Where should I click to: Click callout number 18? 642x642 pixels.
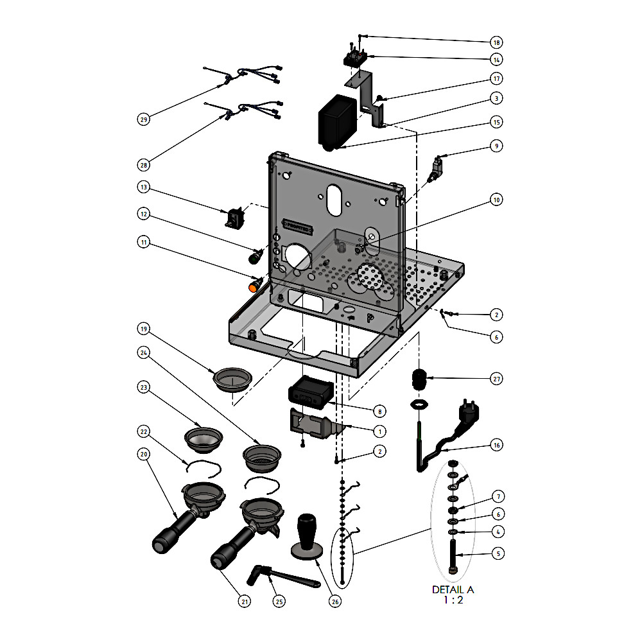pyautogui.click(x=496, y=42)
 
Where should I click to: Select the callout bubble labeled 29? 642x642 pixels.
pyautogui.click(x=144, y=119)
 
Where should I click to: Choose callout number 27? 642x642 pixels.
pyautogui.click(x=496, y=379)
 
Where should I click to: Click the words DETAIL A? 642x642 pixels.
pyautogui.click(x=453, y=589)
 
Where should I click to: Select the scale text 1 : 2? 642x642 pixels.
pyautogui.click(x=453, y=600)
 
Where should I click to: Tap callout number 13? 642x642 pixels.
pyautogui.click(x=144, y=187)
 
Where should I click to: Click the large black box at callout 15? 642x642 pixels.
pyautogui.click(x=336, y=122)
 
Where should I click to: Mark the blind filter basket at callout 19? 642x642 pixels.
pyautogui.click(x=232, y=379)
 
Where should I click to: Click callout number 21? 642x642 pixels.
pyautogui.click(x=244, y=602)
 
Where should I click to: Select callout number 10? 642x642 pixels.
pyautogui.click(x=496, y=200)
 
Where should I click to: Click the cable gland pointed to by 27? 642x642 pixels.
pyautogui.click(x=419, y=380)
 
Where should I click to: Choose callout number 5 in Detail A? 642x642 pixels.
pyautogui.click(x=496, y=552)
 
